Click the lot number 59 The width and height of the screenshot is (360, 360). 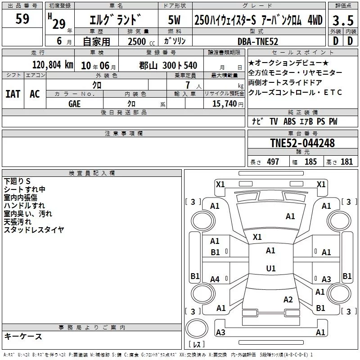(x=22, y=18)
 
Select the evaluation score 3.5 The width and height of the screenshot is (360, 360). (x=343, y=20)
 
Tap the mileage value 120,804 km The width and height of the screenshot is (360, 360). (x=53, y=65)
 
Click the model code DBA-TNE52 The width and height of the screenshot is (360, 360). (x=258, y=41)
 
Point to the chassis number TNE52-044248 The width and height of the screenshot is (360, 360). (x=302, y=143)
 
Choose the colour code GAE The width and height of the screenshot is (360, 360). (x=74, y=104)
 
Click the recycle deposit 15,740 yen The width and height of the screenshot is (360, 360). (x=228, y=104)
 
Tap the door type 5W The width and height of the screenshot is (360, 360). (x=174, y=20)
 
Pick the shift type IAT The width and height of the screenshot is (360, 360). (x=13, y=94)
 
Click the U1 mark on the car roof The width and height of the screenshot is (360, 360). (x=271, y=268)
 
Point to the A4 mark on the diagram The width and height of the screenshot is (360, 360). (x=215, y=279)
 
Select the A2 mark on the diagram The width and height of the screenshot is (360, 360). (x=288, y=300)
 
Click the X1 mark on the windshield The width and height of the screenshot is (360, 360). (x=257, y=237)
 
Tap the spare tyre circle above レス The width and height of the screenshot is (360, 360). (x=197, y=328)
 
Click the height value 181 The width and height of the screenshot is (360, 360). (x=346, y=162)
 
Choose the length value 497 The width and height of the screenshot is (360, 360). (x=273, y=162)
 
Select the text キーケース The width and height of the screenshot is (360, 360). (x=23, y=336)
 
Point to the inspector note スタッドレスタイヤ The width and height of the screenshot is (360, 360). (x=34, y=229)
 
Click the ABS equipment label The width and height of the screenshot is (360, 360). (x=289, y=121)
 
